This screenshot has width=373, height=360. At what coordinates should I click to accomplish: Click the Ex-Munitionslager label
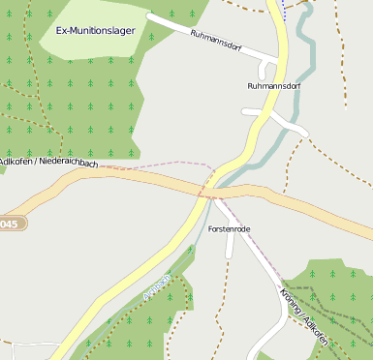tap(95, 31)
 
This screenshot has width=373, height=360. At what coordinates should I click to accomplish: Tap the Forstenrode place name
tap(229, 228)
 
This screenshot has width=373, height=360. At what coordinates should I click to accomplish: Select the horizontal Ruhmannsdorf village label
tap(275, 86)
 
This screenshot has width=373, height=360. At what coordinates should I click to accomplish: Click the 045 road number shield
tap(9, 225)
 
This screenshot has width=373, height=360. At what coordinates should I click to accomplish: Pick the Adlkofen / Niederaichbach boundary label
tap(48, 162)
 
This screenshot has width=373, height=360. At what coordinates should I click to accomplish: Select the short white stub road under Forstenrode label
tap(230, 247)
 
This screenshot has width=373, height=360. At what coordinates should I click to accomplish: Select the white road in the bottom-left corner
tap(19, 344)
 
